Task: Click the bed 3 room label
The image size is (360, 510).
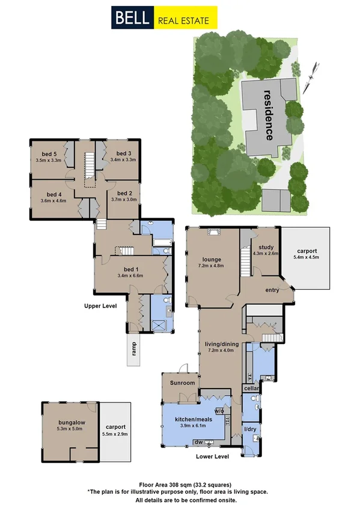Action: tap(124, 153)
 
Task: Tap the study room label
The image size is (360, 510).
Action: tap(266, 247)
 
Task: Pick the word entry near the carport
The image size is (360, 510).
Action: tap(273, 290)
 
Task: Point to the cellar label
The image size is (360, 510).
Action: tap(251, 389)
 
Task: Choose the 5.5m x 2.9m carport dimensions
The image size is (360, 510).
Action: tap(116, 434)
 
